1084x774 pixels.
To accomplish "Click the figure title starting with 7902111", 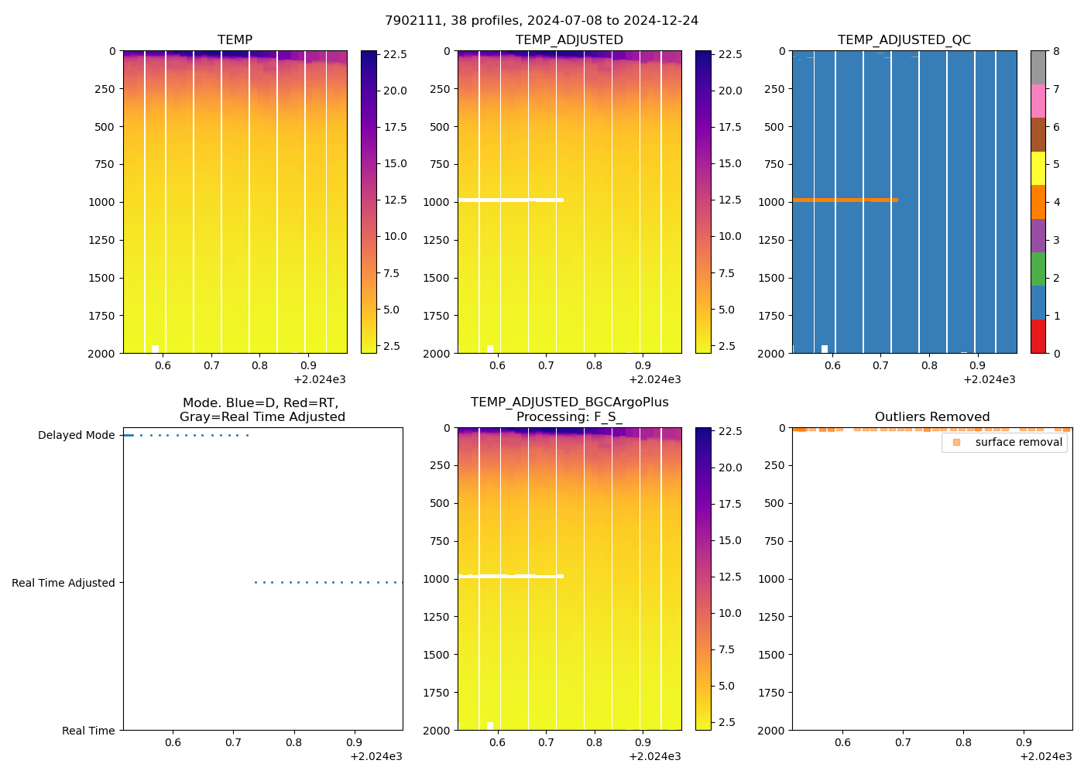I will [x=541, y=21].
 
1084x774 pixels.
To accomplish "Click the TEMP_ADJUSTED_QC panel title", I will [x=904, y=40].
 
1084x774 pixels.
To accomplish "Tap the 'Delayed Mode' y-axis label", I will [x=76, y=436].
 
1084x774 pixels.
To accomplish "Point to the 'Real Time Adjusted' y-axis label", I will [x=63, y=583].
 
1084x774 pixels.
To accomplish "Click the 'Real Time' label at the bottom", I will [x=88, y=731].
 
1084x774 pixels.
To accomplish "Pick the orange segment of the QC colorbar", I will [x=1038, y=202].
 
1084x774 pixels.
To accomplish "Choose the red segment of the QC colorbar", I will [x=1038, y=337].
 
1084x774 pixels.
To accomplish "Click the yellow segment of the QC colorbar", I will [x=1038, y=168].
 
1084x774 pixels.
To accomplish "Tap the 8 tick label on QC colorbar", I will [x=1056, y=51].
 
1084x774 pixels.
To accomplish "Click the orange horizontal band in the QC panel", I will [x=844, y=200].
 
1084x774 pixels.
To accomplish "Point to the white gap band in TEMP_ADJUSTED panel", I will [x=510, y=200].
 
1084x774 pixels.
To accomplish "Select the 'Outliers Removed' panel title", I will [x=931, y=417].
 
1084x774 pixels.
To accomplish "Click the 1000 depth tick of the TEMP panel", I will [x=101, y=202].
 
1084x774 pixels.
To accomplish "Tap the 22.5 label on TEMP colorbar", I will [x=396, y=55].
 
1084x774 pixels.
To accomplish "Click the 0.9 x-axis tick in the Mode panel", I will [x=355, y=742].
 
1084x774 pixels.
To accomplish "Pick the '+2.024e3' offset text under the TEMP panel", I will [x=320, y=379].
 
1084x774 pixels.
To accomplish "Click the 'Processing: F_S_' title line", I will [x=569, y=417].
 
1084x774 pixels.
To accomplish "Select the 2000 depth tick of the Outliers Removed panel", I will [x=771, y=731].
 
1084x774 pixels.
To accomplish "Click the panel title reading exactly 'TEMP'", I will [x=235, y=40].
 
